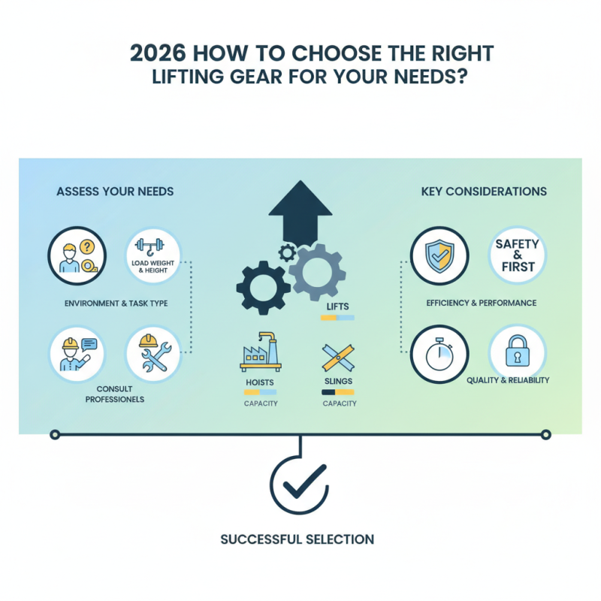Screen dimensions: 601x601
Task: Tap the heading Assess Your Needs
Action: [115, 192]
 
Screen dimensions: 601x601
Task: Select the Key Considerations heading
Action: [484, 192]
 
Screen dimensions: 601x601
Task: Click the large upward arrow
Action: [300, 210]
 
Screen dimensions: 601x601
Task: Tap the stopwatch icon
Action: [440, 354]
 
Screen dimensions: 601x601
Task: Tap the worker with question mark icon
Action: [76, 256]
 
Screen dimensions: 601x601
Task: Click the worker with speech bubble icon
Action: [75, 354]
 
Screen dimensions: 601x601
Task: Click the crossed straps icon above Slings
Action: [339, 358]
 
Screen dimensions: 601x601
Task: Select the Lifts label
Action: [338, 307]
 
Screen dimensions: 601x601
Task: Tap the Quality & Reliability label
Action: [508, 380]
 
